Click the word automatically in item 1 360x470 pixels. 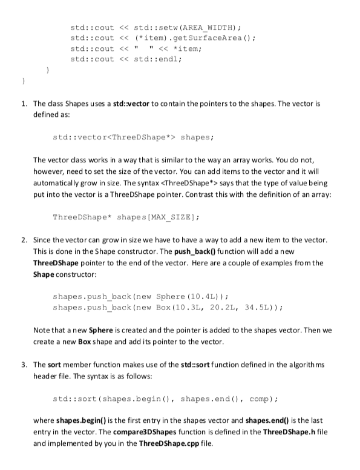[x=59, y=182]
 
